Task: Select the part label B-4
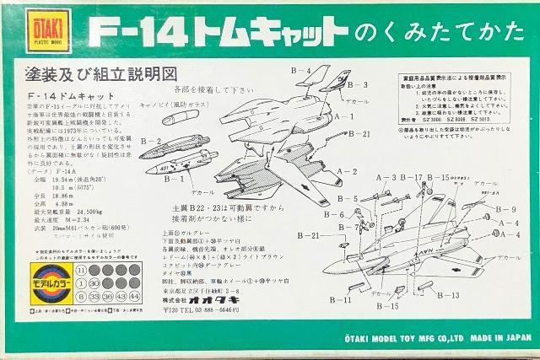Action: tap(301, 71)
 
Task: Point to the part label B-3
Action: tap(358, 85)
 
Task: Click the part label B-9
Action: tap(505, 209)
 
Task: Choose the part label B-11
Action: tap(340, 300)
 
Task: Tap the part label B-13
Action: tap(448, 295)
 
